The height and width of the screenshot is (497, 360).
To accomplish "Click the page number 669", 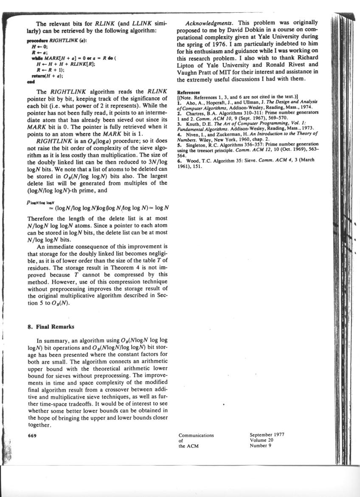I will pyautogui.click(x=31, y=435).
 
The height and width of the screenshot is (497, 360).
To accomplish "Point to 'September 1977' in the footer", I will pyautogui.click(x=267, y=435).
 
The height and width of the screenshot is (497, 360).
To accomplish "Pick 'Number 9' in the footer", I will pyautogui.click(x=260, y=446).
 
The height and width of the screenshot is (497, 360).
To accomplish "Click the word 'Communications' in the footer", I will pyautogui.click(x=196, y=435).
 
